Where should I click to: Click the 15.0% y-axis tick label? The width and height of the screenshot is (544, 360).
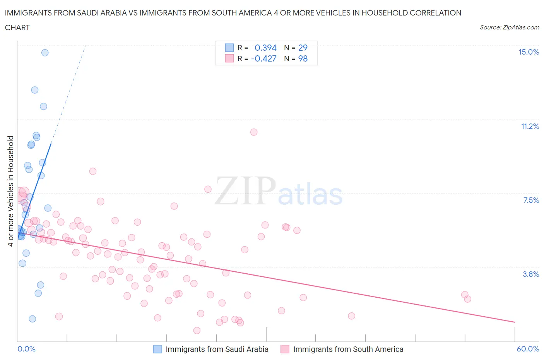(529, 52)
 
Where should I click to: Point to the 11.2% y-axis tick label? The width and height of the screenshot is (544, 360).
(530, 126)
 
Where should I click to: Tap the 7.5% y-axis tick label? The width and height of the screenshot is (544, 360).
(531, 200)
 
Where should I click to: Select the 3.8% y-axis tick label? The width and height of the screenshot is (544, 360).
(531, 274)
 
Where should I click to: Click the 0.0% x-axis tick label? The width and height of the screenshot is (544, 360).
(26, 349)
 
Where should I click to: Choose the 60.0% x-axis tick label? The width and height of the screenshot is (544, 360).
(528, 349)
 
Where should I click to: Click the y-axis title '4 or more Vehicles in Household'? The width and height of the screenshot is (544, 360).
(10, 191)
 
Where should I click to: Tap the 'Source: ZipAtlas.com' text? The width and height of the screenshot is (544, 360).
(509, 27)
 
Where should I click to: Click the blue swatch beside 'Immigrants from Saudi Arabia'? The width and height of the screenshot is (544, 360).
(157, 349)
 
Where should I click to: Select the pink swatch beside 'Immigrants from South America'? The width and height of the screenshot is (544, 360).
(285, 349)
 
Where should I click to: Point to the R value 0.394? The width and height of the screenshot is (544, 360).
(265, 48)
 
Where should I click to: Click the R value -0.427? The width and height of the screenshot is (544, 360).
(263, 58)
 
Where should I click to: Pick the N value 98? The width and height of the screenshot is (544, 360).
(303, 58)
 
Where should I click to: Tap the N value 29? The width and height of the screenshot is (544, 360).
(303, 48)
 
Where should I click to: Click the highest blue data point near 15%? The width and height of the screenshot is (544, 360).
(45, 53)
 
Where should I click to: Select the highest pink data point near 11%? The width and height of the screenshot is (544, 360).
(254, 132)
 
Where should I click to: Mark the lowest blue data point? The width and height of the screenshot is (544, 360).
(33, 319)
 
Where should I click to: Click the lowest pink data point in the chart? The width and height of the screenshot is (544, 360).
(197, 330)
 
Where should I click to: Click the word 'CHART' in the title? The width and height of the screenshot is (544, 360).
(17, 27)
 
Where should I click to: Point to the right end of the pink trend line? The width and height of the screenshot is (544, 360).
(515, 322)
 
